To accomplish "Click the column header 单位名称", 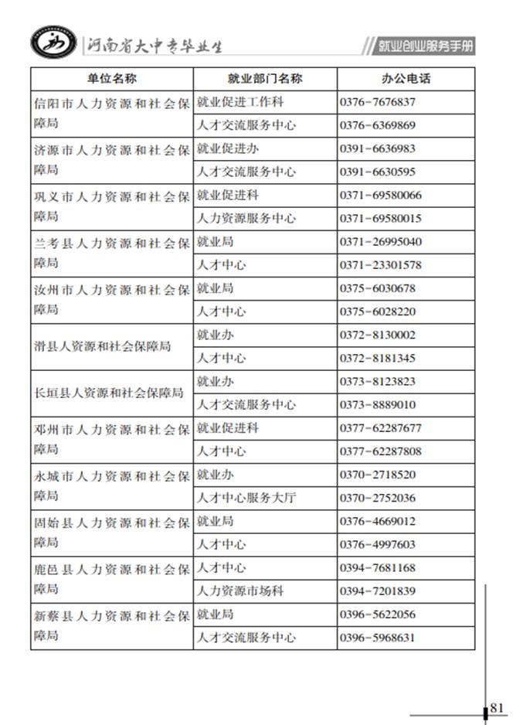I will [111, 79].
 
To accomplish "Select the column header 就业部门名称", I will [264, 79].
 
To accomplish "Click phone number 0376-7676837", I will [378, 102].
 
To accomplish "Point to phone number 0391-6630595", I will [378, 172].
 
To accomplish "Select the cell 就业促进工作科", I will [240, 102].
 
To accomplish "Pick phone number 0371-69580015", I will [381, 219].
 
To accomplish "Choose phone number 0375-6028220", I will [378, 311].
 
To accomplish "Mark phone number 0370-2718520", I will [378, 475].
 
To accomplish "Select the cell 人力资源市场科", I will [240, 591].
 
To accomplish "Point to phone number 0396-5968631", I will [378, 638].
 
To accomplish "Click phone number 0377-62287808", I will [381, 451].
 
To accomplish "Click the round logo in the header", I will [53, 45].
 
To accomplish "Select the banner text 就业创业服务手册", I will [425, 47].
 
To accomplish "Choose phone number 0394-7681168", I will [378, 568].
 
